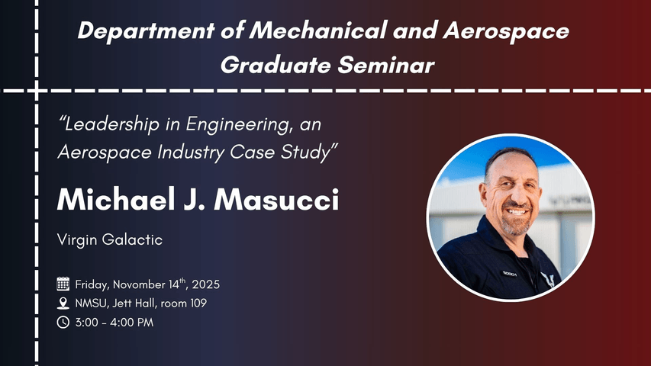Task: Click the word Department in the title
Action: (146, 31)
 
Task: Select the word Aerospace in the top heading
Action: (506, 31)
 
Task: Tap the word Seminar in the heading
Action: (386, 65)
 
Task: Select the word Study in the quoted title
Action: (309, 152)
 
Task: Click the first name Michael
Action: (116, 200)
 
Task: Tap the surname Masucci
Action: (276, 201)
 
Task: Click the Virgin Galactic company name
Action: (110, 240)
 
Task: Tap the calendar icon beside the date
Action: (63, 284)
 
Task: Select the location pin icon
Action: (63, 303)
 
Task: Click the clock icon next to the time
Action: (63, 322)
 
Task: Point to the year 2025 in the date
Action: (206, 284)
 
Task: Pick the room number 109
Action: (198, 303)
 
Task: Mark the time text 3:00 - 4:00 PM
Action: (114, 323)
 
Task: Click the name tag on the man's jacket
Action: (509, 274)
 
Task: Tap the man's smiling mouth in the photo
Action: (517, 212)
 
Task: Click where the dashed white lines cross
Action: (37, 91)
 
